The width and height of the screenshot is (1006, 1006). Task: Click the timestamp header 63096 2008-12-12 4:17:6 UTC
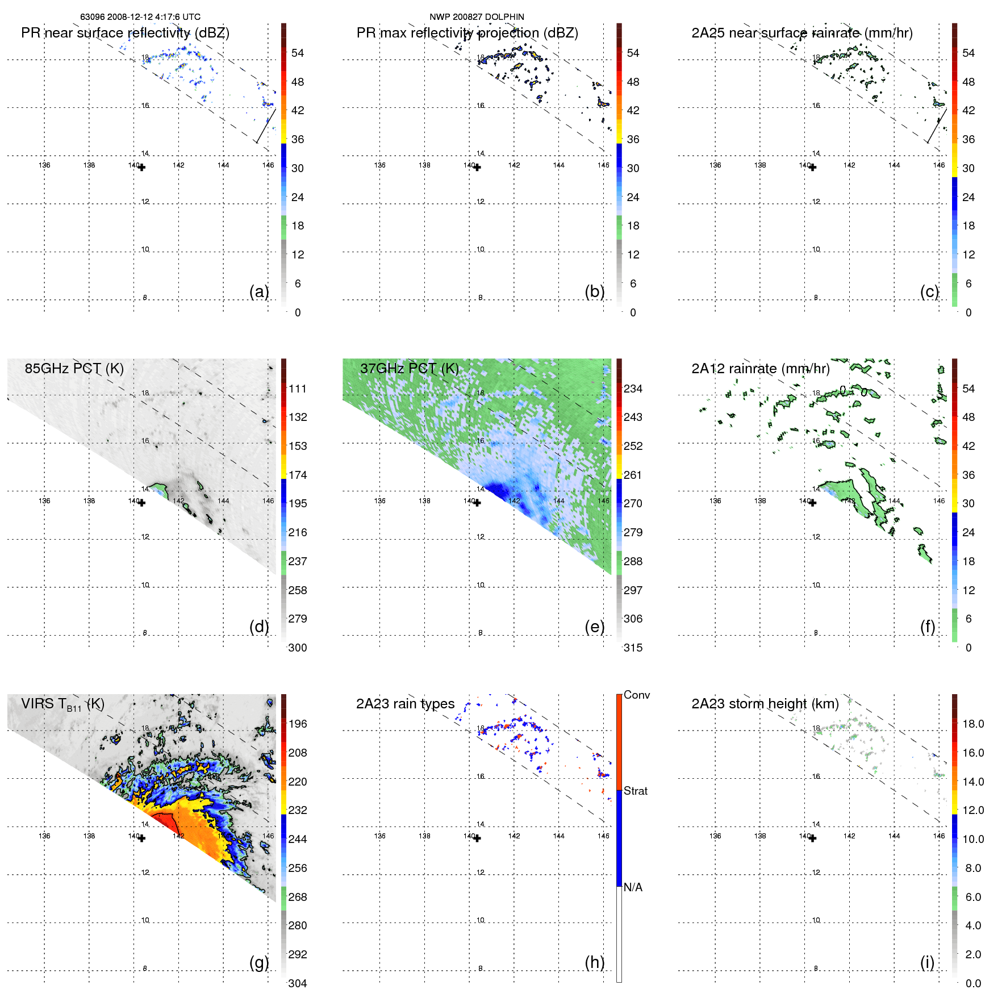[140, 17]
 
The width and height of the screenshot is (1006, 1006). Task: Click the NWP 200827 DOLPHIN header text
[477, 17]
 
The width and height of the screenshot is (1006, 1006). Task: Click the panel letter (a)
[259, 291]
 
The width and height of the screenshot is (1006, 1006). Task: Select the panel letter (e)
[594, 627]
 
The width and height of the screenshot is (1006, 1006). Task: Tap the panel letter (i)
[927, 962]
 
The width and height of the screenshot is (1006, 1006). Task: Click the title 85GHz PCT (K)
[74, 368]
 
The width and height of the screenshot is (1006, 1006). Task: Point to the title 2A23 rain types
[405, 704]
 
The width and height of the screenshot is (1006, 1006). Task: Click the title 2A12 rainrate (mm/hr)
[760, 368]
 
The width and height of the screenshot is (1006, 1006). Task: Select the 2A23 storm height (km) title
[765, 704]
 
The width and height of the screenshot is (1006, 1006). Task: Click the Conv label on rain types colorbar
[636, 695]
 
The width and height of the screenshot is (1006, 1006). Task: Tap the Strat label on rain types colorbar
[635, 791]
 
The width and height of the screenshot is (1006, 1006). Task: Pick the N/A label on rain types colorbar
[633, 887]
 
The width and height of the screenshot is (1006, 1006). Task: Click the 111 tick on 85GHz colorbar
[297, 389]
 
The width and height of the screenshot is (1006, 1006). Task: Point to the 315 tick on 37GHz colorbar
[633, 648]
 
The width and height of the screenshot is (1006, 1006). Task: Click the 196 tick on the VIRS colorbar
[297, 724]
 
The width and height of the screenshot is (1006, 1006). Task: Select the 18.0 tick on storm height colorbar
[972, 724]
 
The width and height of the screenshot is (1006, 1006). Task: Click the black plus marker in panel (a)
[141, 168]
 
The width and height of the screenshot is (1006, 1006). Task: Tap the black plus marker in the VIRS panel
[141, 838]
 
